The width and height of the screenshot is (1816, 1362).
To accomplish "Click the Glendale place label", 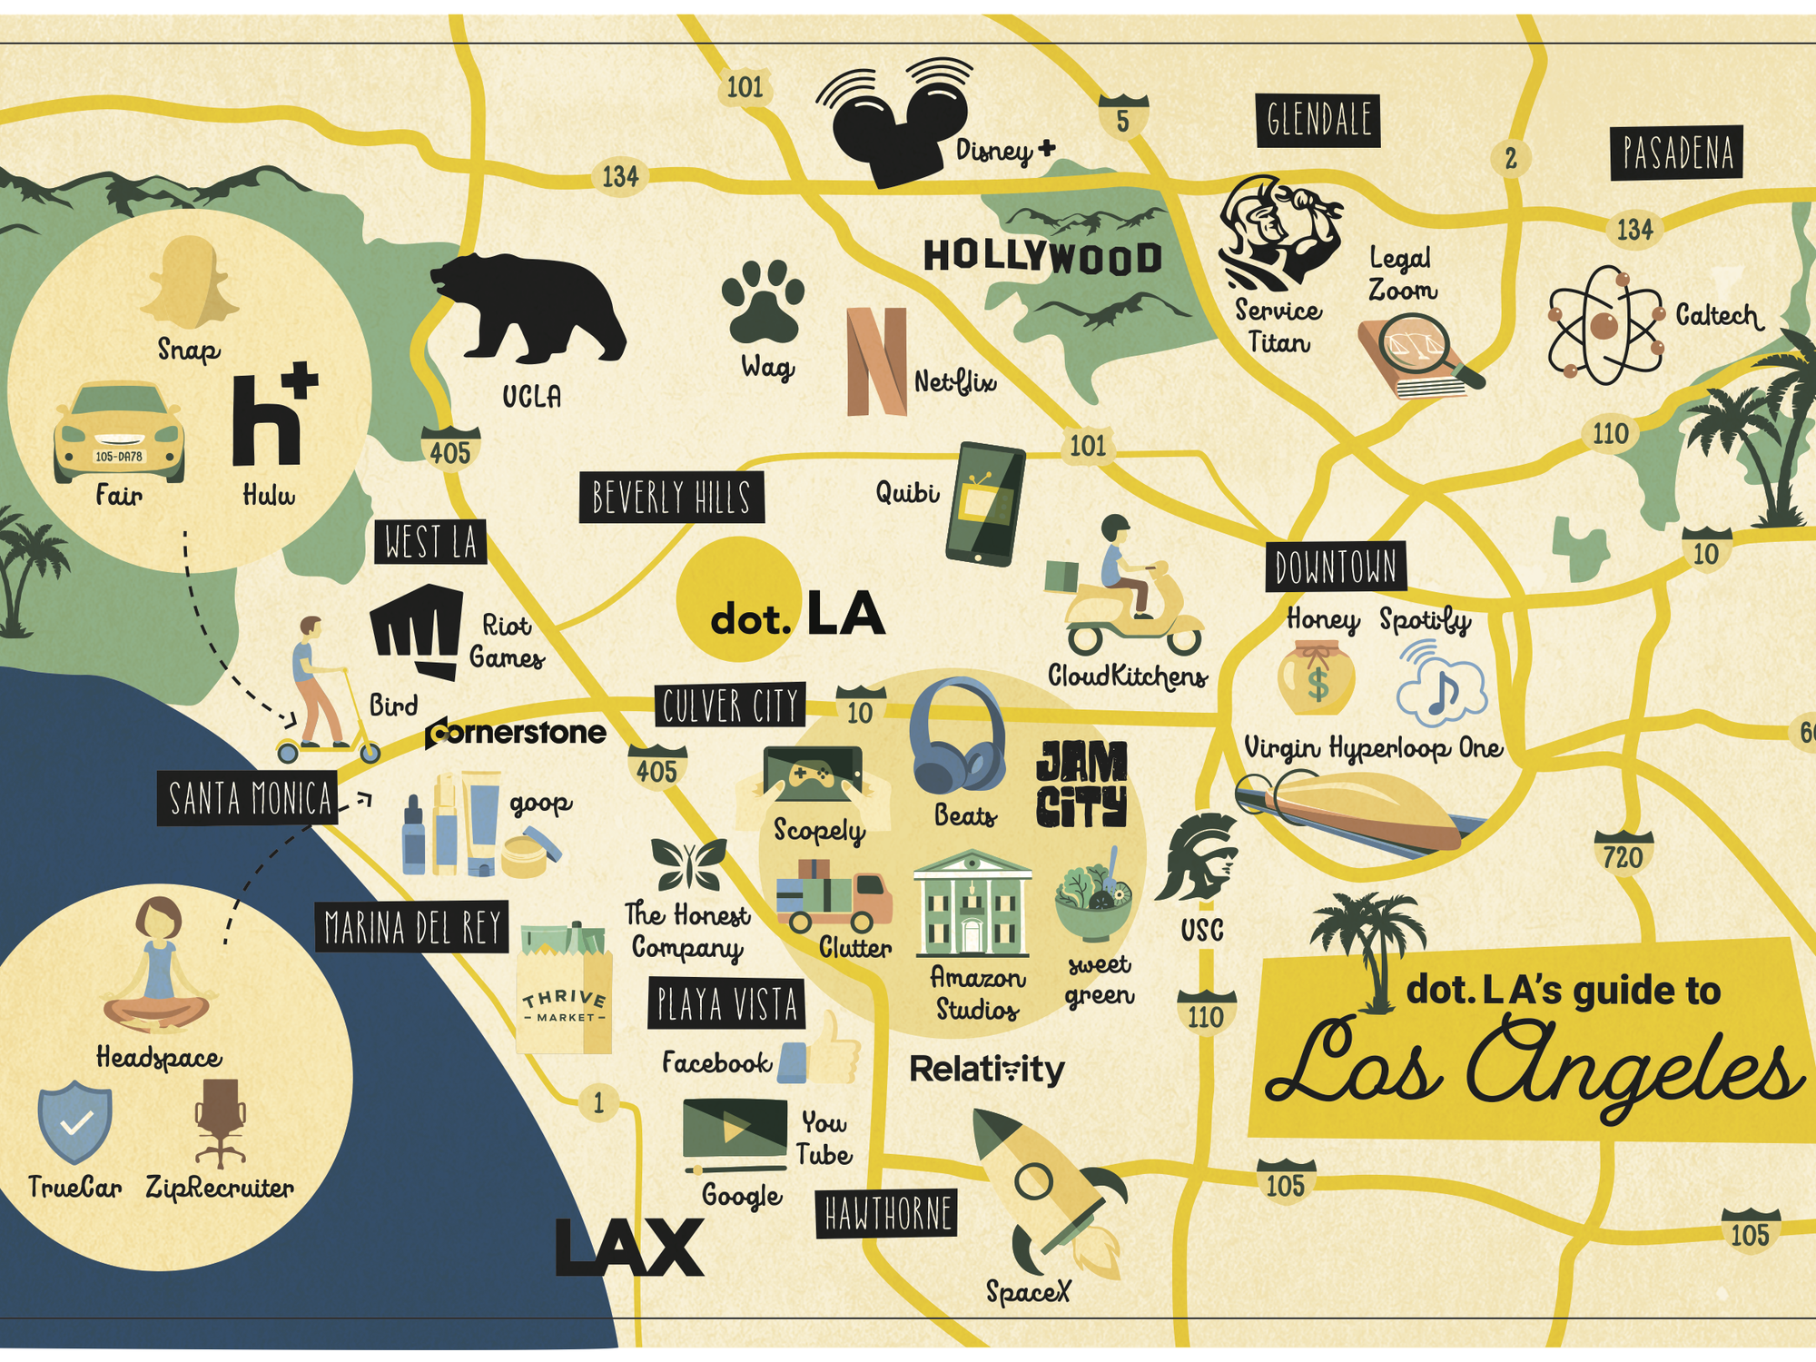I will coord(1318,120).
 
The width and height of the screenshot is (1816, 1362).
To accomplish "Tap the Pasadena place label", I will coord(1677,153).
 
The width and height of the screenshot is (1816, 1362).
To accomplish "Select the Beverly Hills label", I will coord(671,497).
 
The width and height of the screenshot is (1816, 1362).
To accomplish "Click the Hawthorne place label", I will coord(887,1213).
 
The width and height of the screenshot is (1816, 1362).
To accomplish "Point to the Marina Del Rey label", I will coord(411,927).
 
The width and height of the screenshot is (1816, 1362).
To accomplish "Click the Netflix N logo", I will coord(876,361).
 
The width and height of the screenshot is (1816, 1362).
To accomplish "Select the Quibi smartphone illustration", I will coord(985,504).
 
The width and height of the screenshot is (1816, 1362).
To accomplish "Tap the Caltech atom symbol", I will coord(1604,323).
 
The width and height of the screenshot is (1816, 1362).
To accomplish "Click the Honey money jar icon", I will coord(1317,677).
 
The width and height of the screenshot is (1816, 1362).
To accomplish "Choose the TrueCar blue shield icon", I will coord(74,1124).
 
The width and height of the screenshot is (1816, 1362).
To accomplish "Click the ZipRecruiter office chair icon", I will coord(221,1122).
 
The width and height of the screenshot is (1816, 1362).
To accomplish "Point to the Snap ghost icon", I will coord(190,282).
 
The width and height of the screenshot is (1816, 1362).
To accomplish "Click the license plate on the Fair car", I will coord(119,456).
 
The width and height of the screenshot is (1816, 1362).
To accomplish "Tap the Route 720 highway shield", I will coord(1624,855).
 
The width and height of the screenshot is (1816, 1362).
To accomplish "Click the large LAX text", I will coord(628,1248).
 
